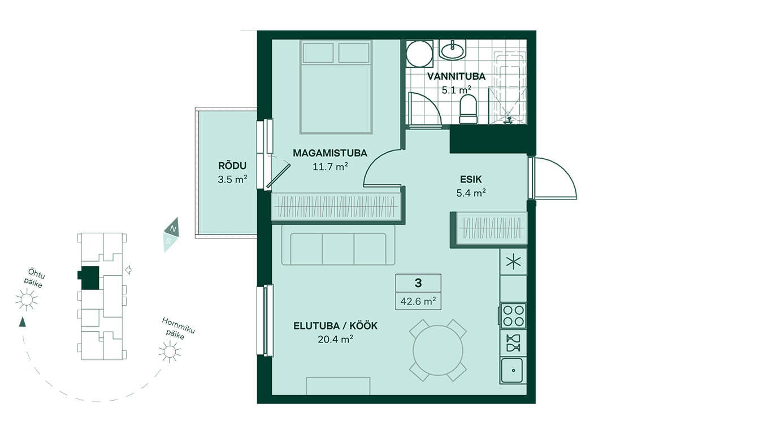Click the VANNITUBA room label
[456, 76]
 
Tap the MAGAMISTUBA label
[330, 153]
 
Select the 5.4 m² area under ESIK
[471, 193]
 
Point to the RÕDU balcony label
[232, 166]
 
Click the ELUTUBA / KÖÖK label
[335, 325]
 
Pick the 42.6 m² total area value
[418, 301]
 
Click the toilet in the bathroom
[469, 109]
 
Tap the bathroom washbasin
[452, 50]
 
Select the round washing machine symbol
[419, 54]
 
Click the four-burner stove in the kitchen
[513, 315]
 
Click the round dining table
[437, 350]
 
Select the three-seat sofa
[338, 245]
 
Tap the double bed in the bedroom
[336, 87]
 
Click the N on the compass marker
[174, 228]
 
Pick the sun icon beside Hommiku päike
[170, 351]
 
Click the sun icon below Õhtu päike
[27, 299]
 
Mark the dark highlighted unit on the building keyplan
[89, 277]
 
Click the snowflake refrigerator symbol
[513, 262]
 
